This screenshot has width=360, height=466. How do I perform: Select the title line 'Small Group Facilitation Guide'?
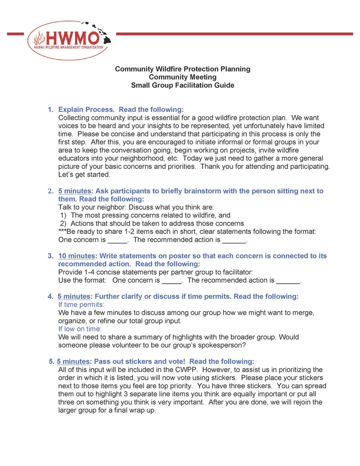(182, 85)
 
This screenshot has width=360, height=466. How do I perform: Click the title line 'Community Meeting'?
(182, 77)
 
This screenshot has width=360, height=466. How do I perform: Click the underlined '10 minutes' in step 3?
(77, 256)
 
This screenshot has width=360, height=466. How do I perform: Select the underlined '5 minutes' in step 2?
(74, 191)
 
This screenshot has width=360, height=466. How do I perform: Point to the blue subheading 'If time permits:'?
(81, 305)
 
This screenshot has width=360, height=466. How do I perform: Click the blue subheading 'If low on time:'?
(80, 329)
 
